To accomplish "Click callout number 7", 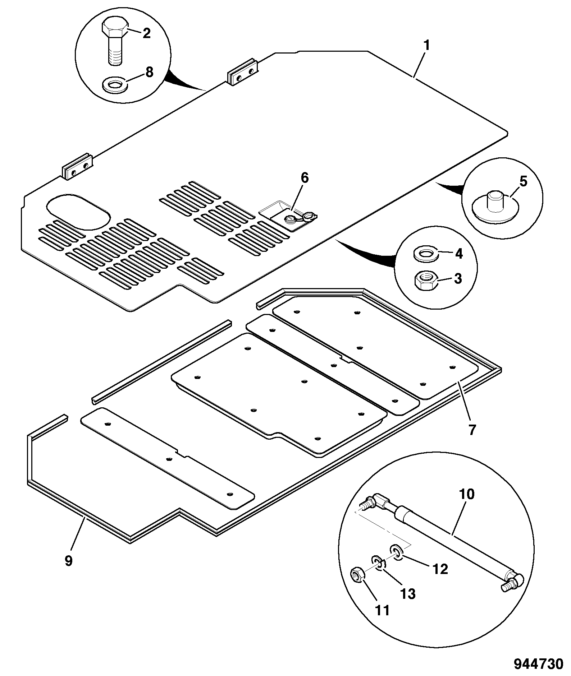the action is point(472,430).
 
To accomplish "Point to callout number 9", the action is point(69,560).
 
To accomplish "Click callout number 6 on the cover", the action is point(305,178).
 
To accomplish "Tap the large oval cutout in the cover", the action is point(78,212).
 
